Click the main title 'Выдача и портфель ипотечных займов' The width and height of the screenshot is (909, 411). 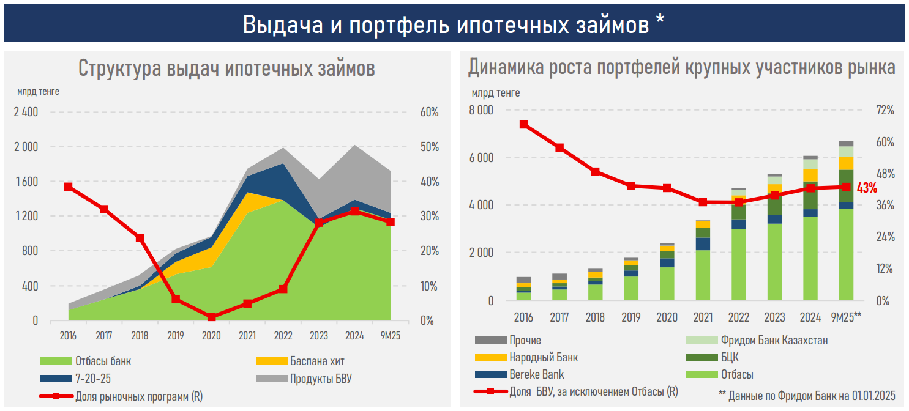pyautogui.click(x=454, y=24)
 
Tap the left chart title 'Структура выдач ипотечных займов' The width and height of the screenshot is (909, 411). pyautogui.click(x=226, y=68)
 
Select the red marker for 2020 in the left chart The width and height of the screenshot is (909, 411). pyautogui.click(x=211, y=317)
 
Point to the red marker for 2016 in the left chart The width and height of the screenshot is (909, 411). pyautogui.click(x=68, y=187)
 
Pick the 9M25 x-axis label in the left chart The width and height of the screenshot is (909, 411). pyautogui.click(x=391, y=336)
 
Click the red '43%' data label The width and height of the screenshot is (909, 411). pyautogui.click(x=867, y=188)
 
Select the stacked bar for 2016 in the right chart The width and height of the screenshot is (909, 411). pyautogui.click(x=523, y=288)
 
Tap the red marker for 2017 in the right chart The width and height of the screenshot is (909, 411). pyautogui.click(x=559, y=147)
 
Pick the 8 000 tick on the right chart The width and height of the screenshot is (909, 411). pyautogui.click(x=481, y=111)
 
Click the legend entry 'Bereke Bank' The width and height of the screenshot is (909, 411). pyautogui.click(x=536, y=374)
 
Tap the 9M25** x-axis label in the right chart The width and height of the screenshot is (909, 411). pyautogui.click(x=846, y=317)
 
